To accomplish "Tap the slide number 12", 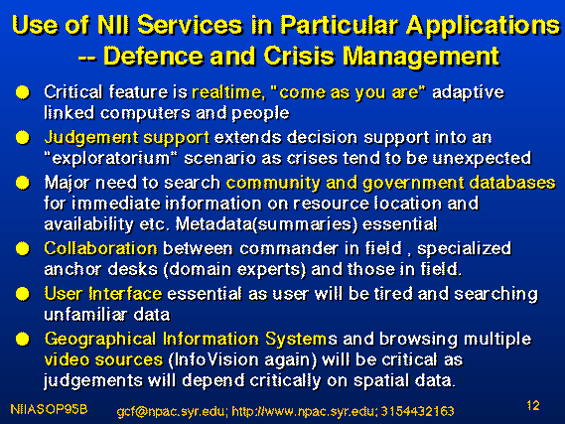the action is click(533, 405).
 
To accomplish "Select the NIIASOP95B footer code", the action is click(49, 409).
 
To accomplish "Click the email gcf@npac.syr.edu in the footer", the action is click(171, 411).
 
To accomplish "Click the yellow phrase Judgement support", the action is click(126, 138).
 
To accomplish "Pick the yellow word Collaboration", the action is click(100, 248).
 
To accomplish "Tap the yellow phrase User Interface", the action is click(103, 294).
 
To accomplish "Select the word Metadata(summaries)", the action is click(267, 224).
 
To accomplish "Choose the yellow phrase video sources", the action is click(103, 359).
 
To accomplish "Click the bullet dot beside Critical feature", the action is click(23, 92).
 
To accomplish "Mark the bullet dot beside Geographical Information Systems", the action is click(23, 339).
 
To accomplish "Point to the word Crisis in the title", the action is click(299, 57).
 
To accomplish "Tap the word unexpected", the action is click(482, 159).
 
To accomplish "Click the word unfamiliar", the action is click(85, 315).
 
